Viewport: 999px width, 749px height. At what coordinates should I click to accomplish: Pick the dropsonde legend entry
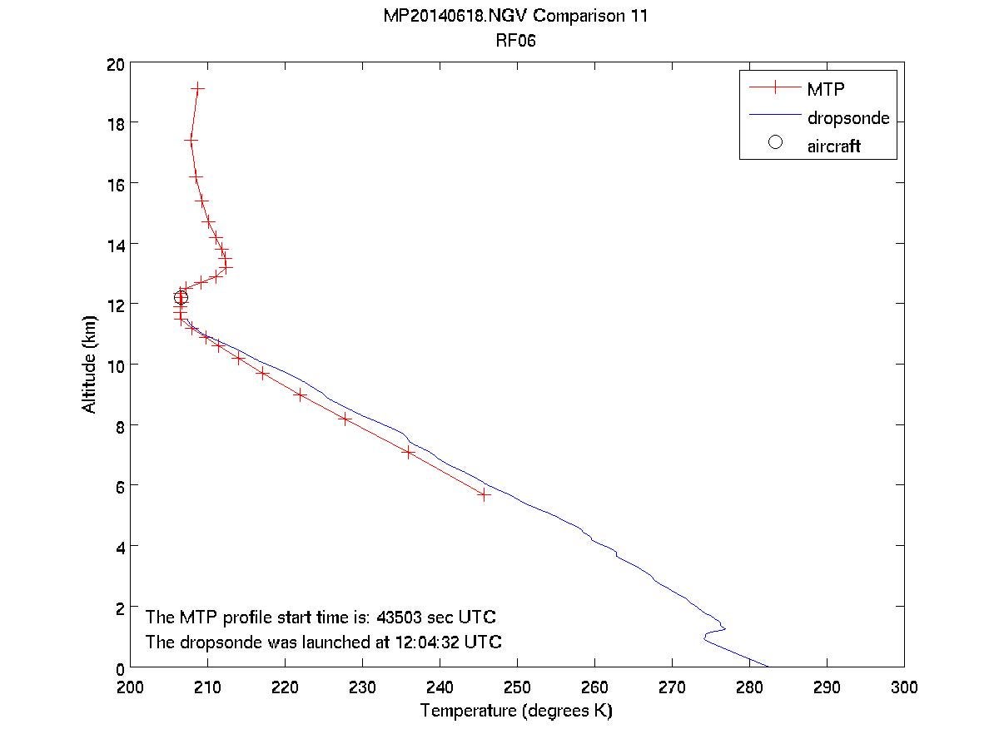[847, 117]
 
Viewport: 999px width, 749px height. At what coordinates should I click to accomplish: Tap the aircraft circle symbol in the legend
[775, 142]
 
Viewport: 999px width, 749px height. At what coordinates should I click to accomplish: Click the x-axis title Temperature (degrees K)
[516, 711]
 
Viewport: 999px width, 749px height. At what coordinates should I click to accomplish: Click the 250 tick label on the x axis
[517, 687]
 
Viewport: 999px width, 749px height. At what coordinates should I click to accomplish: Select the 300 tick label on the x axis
[904, 687]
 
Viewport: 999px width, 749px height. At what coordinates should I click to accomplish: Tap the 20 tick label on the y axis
[115, 63]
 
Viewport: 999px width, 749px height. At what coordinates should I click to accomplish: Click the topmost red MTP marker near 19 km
[197, 87]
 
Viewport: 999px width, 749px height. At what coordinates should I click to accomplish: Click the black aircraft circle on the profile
[181, 297]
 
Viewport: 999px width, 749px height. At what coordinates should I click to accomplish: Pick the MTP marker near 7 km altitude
[409, 452]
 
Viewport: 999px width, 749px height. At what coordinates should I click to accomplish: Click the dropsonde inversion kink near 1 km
[723, 629]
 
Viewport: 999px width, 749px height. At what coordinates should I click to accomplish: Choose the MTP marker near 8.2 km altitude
[345, 419]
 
